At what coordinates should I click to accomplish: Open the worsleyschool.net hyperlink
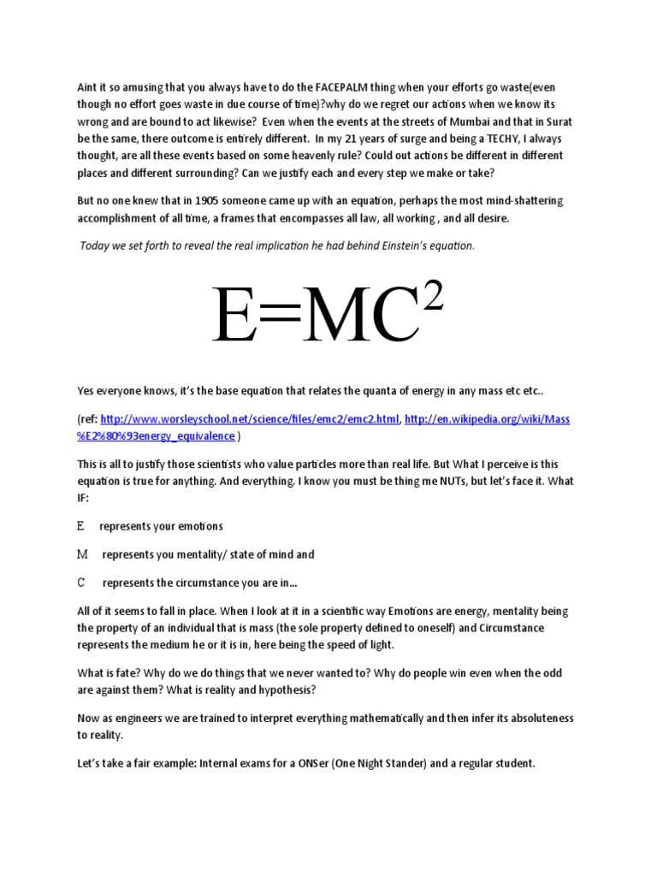(250, 419)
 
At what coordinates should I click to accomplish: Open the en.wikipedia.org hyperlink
(487, 419)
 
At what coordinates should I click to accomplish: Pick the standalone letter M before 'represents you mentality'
(83, 554)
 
